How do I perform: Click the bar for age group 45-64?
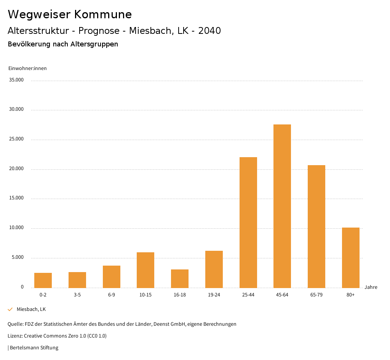coord(282,206)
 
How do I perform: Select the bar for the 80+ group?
coord(351,258)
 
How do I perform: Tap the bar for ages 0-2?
coord(43,280)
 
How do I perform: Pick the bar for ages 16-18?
coord(180,279)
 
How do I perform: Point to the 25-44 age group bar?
coord(248,222)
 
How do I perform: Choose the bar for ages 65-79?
coord(316,226)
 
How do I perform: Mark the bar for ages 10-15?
coord(145,270)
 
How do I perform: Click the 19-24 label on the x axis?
coord(214,295)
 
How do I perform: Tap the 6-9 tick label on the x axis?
coord(112,295)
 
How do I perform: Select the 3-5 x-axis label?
coord(77,295)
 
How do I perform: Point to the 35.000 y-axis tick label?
coord(16,80)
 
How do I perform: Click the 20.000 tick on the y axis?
coord(16,169)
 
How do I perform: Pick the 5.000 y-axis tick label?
coord(18,257)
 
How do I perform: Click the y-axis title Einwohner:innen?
coord(27,68)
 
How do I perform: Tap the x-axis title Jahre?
coord(371,287)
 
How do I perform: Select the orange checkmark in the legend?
coord(10,309)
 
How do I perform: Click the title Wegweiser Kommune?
coord(70,14)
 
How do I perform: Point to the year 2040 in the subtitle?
coord(209,31)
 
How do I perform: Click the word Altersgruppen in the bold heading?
coord(94,44)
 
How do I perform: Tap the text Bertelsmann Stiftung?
coord(34,347)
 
